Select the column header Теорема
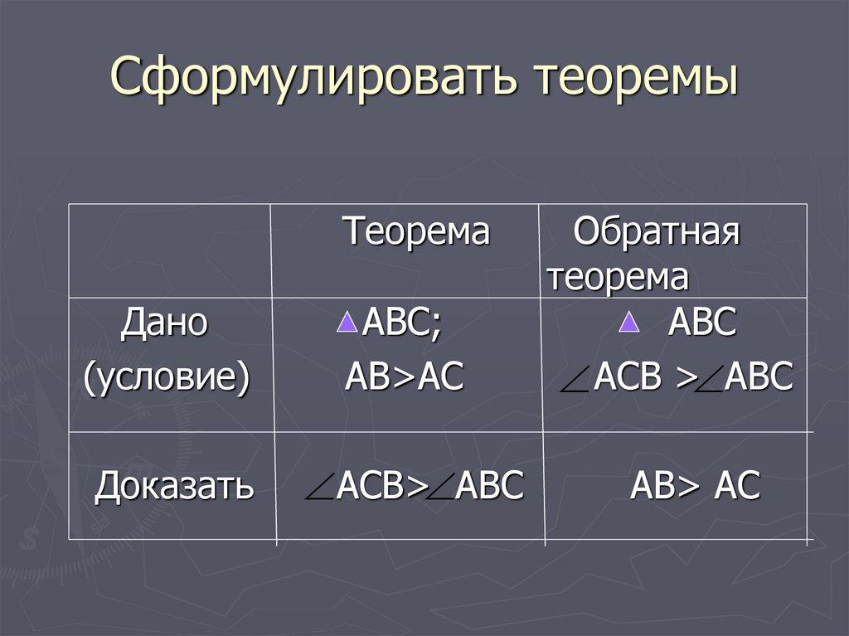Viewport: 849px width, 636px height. (417, 232)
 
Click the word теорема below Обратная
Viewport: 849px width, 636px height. (617, 278)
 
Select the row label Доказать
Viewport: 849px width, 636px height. (173, 486)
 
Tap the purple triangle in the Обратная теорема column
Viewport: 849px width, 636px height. (629, 323)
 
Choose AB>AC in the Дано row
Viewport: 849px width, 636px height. (404, 379)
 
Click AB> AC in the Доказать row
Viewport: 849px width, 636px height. (695, 486)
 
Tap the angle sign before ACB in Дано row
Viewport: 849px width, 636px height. (575, 384)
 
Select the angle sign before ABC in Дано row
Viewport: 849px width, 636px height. (708, 384)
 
